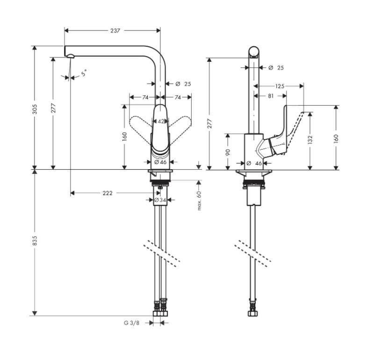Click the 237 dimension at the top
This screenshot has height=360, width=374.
(115, 30)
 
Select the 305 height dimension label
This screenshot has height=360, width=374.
(35, 109)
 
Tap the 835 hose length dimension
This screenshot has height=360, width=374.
(35, 241)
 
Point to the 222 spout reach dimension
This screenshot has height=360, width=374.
(108, 193)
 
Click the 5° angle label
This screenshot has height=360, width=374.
(84, 73)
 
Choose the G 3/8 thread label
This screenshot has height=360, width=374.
(131, 323)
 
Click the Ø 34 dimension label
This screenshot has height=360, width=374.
(160, 200)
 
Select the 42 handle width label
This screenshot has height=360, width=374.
(161, 122)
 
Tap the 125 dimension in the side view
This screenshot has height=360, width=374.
(280, 86)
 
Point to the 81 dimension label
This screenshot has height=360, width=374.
(271, 96)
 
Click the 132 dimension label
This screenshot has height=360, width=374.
(310, 140)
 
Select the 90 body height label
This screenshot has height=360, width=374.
(228, 152)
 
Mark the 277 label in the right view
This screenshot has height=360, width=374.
(209, 123)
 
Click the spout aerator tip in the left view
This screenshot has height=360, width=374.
(71, 56)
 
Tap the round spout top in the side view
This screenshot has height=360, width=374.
(254, 52)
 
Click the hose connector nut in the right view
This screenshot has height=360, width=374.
(253, 313)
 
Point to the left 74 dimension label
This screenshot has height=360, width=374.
(145, 97)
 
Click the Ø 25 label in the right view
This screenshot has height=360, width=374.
(276, 68)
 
